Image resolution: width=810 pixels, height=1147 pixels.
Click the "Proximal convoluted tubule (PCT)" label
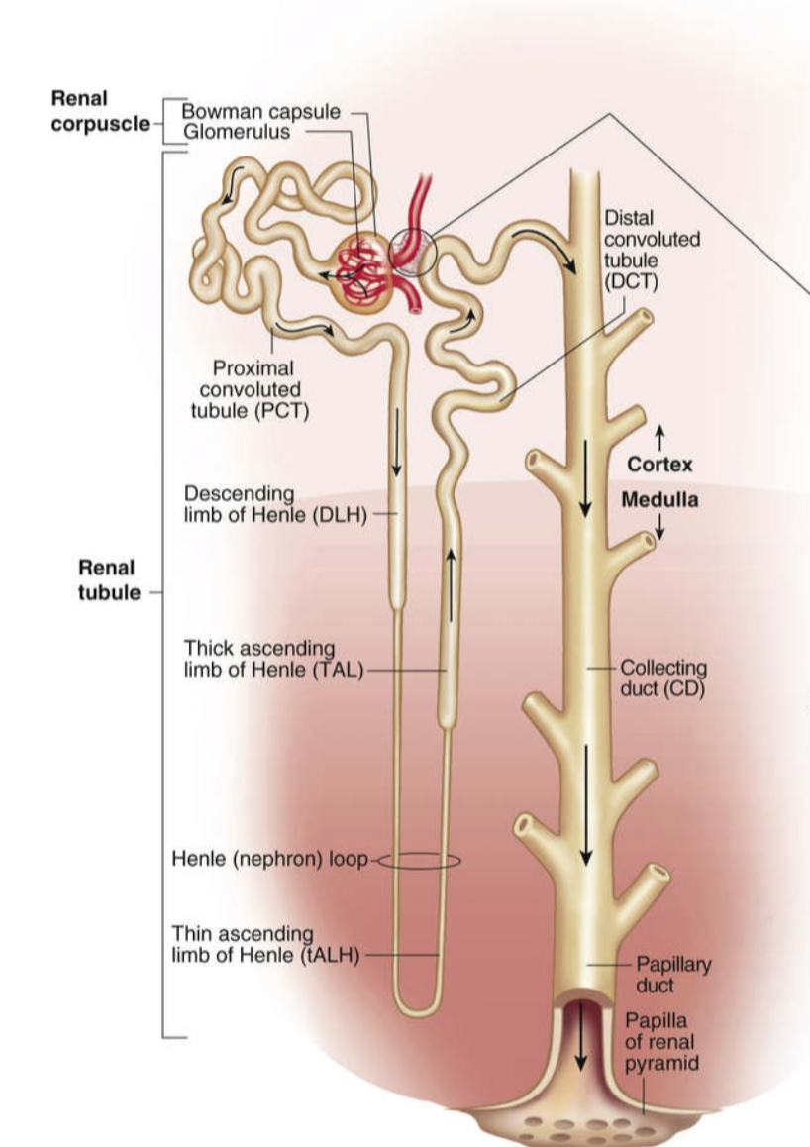point(252,389)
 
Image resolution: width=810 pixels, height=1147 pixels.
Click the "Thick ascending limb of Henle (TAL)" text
point(267,659)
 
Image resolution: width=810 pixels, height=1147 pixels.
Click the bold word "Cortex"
point(659,465)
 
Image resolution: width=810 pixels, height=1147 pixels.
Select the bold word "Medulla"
point(658,499)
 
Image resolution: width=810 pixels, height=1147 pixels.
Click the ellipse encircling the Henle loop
point(420,861)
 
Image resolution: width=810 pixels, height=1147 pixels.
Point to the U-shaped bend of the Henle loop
point(418,1007)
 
